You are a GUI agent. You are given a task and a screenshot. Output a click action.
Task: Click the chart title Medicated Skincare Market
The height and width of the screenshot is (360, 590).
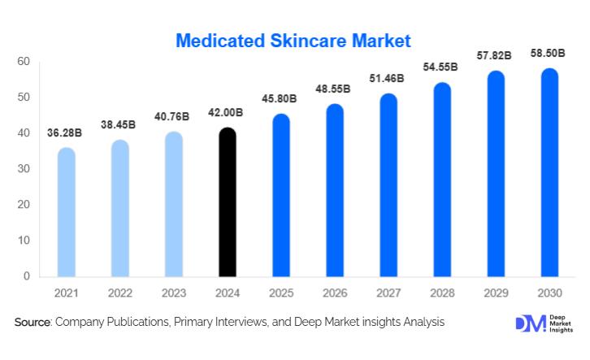point(294,40)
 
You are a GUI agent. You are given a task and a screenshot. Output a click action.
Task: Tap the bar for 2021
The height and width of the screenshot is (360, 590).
point(67,213)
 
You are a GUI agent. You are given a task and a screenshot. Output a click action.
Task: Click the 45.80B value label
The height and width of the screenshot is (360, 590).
point(280,100)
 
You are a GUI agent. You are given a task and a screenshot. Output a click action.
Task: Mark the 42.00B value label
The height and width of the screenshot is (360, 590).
point(227,113)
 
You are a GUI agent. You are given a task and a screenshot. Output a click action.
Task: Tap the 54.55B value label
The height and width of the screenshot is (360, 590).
point(440,67)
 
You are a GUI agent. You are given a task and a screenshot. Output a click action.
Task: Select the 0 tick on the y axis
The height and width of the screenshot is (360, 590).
point(26,276)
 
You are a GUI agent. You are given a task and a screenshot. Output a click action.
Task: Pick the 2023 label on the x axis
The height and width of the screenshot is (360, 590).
point(173,293)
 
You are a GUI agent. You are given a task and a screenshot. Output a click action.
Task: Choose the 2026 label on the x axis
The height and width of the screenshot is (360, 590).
point(334,293)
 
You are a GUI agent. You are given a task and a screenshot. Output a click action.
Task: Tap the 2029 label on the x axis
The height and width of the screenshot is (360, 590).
point(495,293)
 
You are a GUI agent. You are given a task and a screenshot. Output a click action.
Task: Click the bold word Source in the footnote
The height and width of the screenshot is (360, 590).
point(33,323)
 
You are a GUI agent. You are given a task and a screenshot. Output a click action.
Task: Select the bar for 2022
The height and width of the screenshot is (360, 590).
point(119,209)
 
